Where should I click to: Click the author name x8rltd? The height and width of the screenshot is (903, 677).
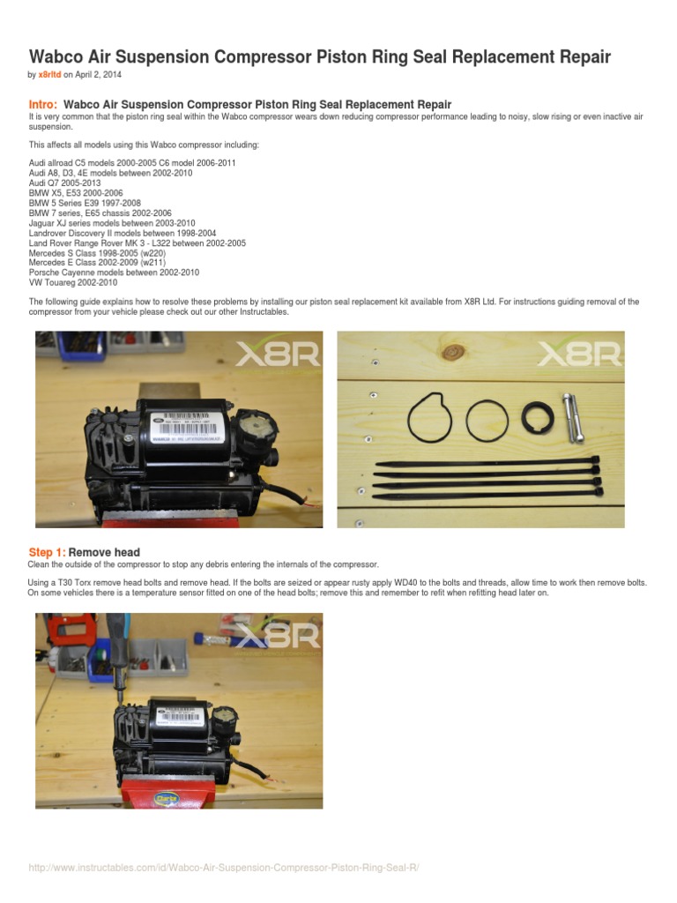coord(50,76)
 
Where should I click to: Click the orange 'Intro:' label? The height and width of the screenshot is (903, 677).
coord(44,104)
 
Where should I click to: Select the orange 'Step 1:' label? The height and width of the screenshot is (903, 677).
coord(47,553)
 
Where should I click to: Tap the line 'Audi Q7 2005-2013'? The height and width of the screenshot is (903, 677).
coord(65,183)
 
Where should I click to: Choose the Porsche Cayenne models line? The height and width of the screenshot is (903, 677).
coord(114,272)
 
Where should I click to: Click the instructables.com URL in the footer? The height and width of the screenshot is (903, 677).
coord(223,869)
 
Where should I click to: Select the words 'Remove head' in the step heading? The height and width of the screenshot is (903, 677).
coord(104,553)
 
